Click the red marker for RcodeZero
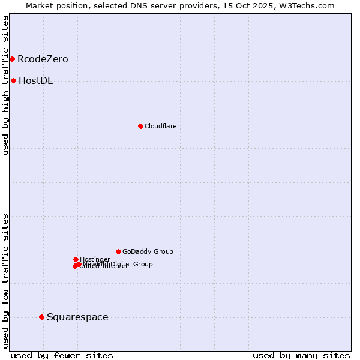click(x=12, y=59)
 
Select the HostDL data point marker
click(x=13, y=80)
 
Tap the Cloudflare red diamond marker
click(x=140, y=126)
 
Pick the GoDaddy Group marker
click(x=118, y=251)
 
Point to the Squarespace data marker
click(x=41, y=317)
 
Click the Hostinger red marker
click(x=76, y=259)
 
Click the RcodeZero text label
click(x=43, y=59)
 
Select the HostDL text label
click(x=35, y=80)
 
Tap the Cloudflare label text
click(x=160, y=126)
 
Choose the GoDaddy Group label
click(x=148, y=251)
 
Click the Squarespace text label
click(x=77, y=317)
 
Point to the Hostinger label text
click(x=95, y=259)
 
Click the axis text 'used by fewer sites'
click(x=62, y=355)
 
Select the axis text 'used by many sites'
click(x=301, y=355)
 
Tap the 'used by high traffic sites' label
click(x=5, y=85)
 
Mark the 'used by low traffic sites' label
click(x=5, y=281)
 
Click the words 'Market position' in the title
click(x=55, y=5)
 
